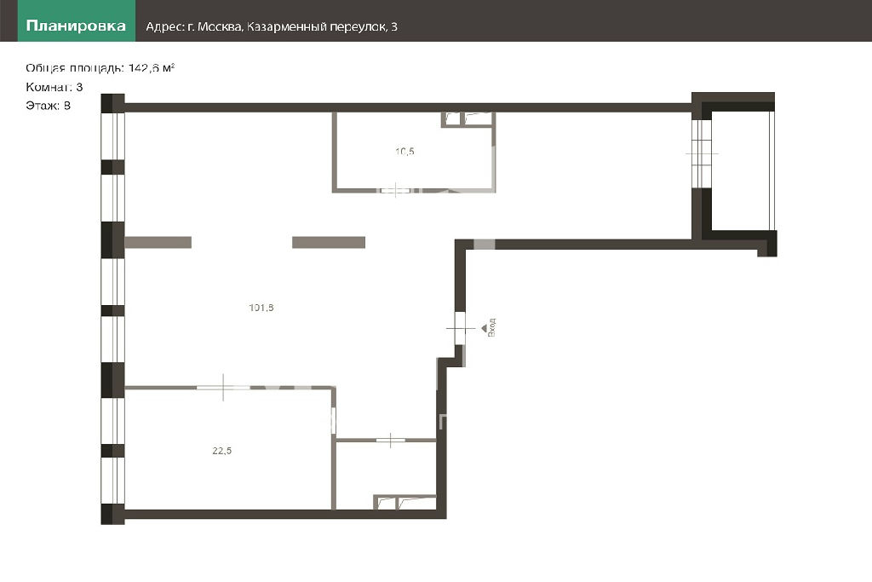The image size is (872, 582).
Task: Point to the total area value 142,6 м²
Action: pos(152,68)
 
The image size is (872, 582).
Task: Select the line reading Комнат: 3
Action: pos(54,87)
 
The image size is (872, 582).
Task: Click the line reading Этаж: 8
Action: pos(48,106)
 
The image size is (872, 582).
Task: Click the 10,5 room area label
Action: pos(404,152)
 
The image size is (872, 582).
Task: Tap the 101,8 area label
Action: pos(261,308)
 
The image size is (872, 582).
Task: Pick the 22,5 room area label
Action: pos(222,451)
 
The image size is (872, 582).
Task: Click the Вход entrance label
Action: pos(491,328)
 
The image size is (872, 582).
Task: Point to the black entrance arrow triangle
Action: pos(484,328)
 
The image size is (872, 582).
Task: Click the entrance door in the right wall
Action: pos(460,328)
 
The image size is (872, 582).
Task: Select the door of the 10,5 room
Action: pos(395,191)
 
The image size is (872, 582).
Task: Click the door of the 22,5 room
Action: pos(224,387)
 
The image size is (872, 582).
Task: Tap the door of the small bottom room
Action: pos(390,440)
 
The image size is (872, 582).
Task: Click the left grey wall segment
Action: pos(158,242)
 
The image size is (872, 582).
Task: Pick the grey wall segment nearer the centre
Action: pos(329,242)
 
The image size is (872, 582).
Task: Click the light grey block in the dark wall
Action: pos(484,245)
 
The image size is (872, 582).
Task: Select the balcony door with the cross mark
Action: pos(702,153)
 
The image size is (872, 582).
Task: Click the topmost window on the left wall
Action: pos(113,136)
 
